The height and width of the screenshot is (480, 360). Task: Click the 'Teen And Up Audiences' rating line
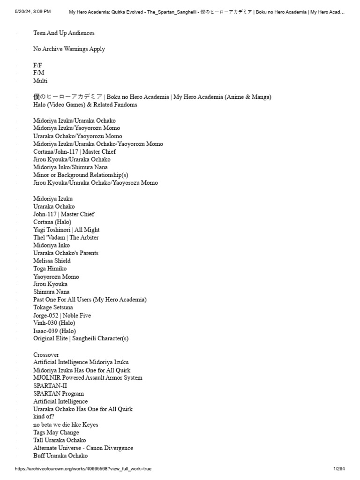(64, 33)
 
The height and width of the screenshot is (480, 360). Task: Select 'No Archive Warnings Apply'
(69, 49)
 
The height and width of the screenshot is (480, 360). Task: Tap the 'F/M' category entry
(39, 73)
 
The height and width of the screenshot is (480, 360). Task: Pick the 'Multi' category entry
(40, 81)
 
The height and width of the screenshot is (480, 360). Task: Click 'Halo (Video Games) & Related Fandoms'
(85, 105)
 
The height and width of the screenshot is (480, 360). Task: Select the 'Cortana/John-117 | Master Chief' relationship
(75, 152)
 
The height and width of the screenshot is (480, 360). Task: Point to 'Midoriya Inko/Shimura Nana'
(70, 167)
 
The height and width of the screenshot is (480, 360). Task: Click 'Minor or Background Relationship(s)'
(81, 175)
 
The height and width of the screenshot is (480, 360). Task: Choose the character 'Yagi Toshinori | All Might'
(67, 230)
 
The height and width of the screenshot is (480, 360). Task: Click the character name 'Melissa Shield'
(52, 261)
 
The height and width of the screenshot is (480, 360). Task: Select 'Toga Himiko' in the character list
(50, 269)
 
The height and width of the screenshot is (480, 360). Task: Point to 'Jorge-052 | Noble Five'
(62, 315)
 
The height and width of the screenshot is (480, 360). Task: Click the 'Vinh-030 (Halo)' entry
(54, 323)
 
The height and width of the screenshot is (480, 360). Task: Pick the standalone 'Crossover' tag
(46, 355)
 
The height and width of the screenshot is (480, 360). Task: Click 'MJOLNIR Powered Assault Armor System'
(88, 378)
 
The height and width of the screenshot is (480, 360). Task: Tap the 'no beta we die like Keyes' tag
(66, 425)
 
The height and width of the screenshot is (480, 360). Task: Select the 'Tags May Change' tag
(56, 433)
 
